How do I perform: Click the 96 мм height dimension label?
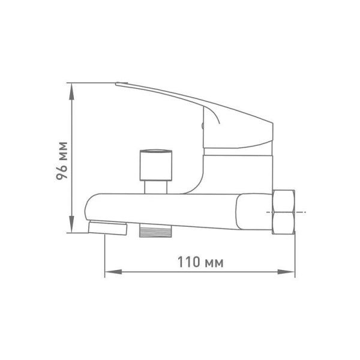62,161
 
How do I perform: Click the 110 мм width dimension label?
200,262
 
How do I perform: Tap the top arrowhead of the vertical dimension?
72,91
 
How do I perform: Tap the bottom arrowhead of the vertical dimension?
72,224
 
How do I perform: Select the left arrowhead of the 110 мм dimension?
113,272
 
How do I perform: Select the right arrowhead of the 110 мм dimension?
286,272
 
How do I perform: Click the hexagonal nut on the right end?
284,212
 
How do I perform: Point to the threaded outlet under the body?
155,231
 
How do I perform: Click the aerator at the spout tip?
107,228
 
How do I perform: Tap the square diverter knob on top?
156,165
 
